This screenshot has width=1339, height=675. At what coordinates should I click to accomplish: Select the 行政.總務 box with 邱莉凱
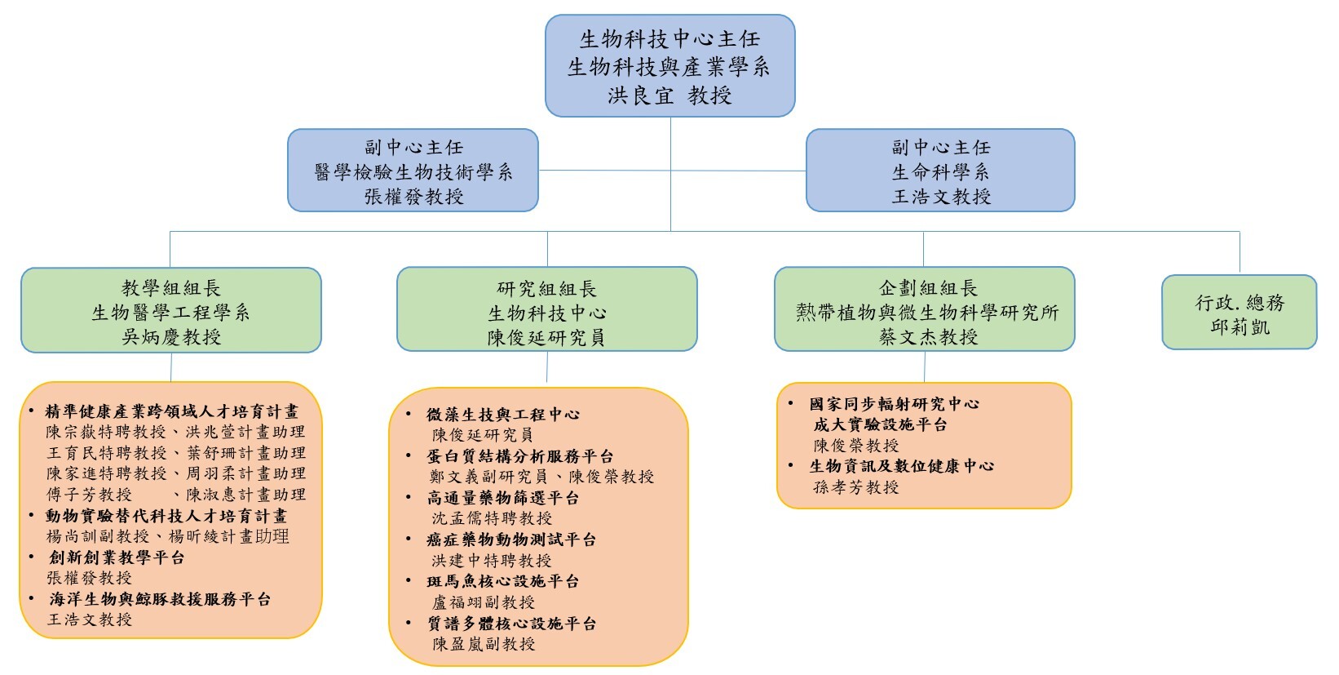[1240, 312]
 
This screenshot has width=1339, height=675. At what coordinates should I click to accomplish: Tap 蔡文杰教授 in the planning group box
[928, 337]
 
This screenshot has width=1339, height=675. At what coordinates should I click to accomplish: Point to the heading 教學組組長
[171, 288]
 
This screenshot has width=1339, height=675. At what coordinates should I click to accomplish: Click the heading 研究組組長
[546, 289]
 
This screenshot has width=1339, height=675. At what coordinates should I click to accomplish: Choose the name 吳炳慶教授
[171, 337]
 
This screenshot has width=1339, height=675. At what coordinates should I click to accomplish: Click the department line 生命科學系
[940, 172]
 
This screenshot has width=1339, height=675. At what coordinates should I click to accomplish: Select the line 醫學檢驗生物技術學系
[413, 172]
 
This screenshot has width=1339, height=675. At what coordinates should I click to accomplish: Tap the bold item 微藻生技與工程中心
[502, 414]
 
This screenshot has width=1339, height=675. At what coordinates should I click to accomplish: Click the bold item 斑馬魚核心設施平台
[502, 581]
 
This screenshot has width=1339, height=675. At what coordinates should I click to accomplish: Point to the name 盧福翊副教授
[483, 602]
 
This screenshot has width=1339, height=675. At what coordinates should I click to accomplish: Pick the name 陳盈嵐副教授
[483, 644]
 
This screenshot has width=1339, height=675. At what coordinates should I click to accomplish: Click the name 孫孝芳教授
[855, 487]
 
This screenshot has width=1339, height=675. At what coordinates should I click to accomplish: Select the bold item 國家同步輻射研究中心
[895, 404]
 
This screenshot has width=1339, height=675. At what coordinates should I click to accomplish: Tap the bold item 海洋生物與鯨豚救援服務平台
[160, 599]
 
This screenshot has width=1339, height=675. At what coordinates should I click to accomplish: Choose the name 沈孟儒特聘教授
[492, 518]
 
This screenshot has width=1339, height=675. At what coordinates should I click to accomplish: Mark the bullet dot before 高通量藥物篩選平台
[409, 497]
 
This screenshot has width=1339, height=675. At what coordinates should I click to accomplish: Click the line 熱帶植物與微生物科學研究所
[927, 313]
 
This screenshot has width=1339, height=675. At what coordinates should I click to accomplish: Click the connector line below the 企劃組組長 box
[924, 366]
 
